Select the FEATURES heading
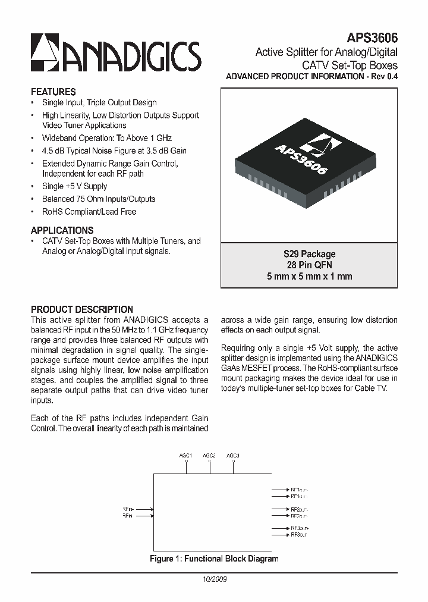(53, 92)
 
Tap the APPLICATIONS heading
(62, 230)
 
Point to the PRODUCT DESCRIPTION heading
(82, 309)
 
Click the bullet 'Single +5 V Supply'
(74, 186)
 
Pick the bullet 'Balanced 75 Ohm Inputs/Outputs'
(98, 199)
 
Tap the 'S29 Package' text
(309, 254)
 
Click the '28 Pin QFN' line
(309, 265)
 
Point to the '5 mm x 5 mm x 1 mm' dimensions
(309, 276)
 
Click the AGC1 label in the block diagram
(186, 456)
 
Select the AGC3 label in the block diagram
(233, 456)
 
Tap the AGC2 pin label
(209, 456)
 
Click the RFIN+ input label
(128, 509)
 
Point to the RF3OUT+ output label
(300, 528)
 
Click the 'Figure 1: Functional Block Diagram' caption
(213, 559)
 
